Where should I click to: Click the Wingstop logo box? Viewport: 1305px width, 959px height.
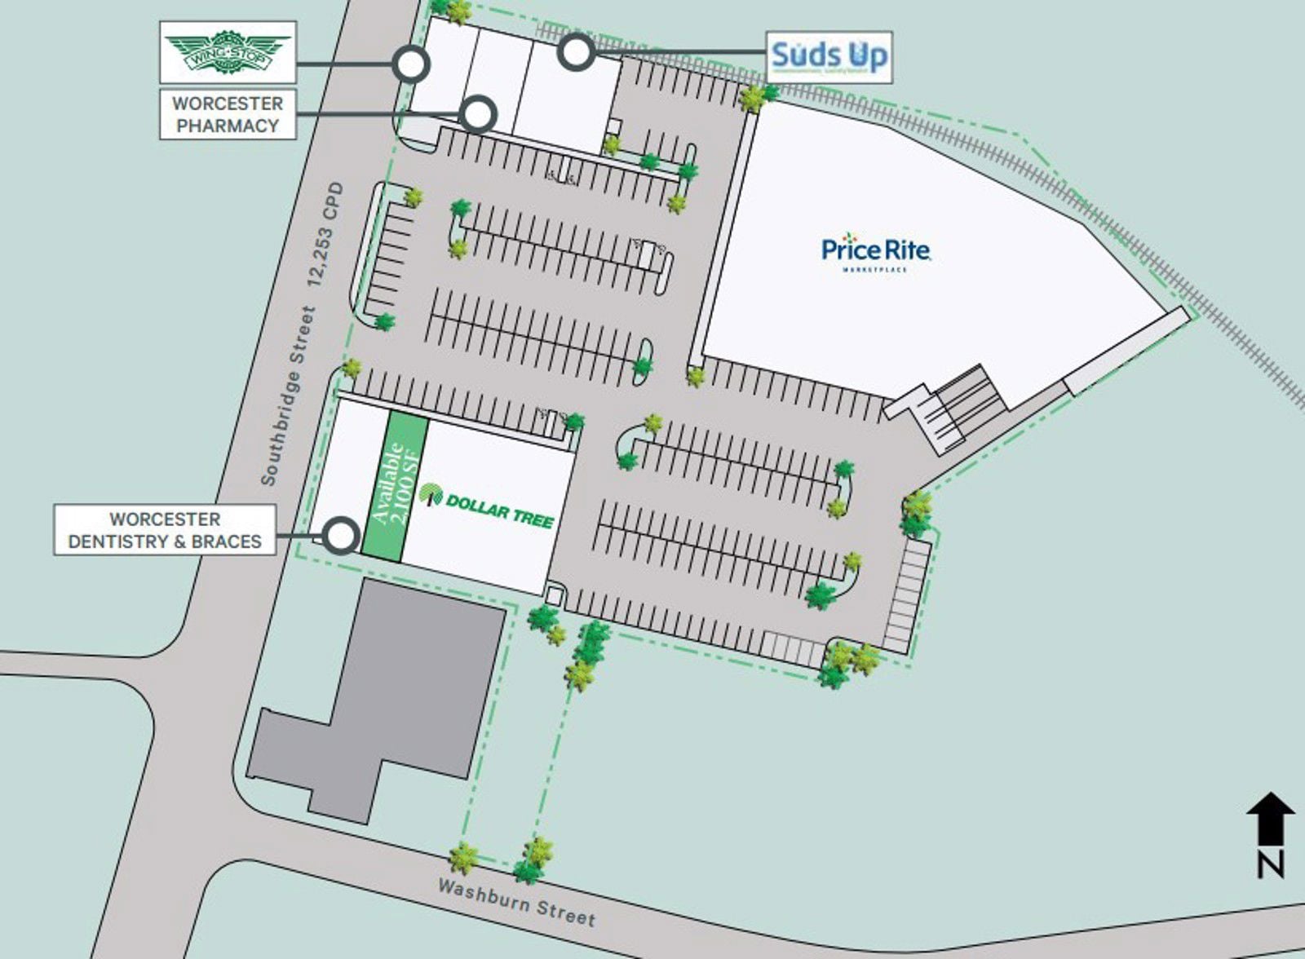point(228,52)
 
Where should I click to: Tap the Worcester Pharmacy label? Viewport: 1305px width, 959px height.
point(228,114)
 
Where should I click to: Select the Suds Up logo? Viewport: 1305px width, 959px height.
point(829,57)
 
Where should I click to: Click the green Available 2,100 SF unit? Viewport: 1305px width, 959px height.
point(395,487)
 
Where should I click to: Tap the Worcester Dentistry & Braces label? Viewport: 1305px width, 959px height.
point(165,530)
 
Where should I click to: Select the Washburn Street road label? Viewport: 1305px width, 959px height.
point(516,901)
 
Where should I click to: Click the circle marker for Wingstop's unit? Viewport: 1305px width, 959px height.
point(410,63)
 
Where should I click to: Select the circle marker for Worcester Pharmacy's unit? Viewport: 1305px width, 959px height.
point(478,113)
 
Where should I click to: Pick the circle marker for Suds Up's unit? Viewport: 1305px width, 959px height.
point(577,52)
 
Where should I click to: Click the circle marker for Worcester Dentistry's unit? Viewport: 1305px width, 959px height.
point(341,535)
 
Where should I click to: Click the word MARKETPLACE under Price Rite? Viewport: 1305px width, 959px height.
point(874,269)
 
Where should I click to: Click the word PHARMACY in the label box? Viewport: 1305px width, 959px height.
point(228,126)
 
